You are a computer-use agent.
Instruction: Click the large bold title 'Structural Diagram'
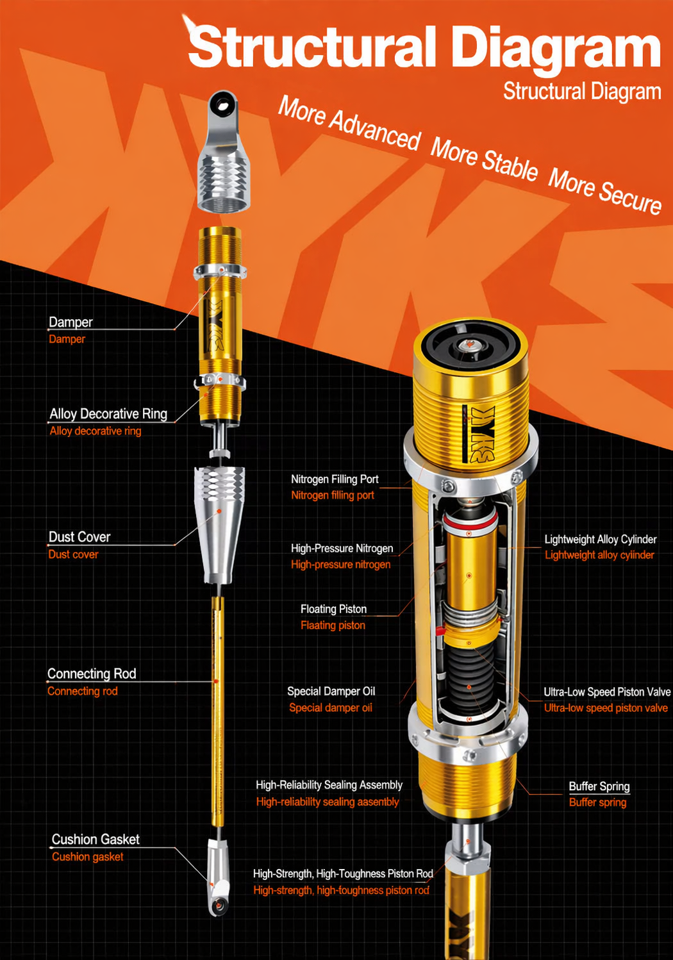coord(424,47)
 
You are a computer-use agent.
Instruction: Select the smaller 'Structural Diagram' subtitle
coord(581,92)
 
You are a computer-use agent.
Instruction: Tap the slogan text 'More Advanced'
coord(349,123)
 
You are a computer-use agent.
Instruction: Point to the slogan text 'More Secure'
coord(604,190)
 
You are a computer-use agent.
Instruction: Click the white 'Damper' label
coord(71,322)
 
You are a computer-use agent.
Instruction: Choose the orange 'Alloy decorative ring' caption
coord(96,431)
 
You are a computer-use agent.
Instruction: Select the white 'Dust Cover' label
coord(79,536)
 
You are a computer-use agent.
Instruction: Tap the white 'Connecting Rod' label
coord(92,674)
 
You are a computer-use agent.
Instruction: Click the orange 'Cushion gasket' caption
coord(87,857)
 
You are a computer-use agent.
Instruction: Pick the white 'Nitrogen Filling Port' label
coord(335,479)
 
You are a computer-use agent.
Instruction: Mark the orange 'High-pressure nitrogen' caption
coord(340,565)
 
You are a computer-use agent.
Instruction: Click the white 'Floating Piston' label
coord(333,609)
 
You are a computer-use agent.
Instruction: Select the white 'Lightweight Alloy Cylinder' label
coord(600,540)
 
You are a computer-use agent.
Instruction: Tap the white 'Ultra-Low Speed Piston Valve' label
coord(606,692)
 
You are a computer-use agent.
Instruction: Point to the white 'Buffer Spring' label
coord(599,786)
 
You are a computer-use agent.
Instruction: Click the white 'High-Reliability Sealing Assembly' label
coord(329,785)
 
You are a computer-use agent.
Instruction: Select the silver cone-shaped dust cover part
coord(219,526)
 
